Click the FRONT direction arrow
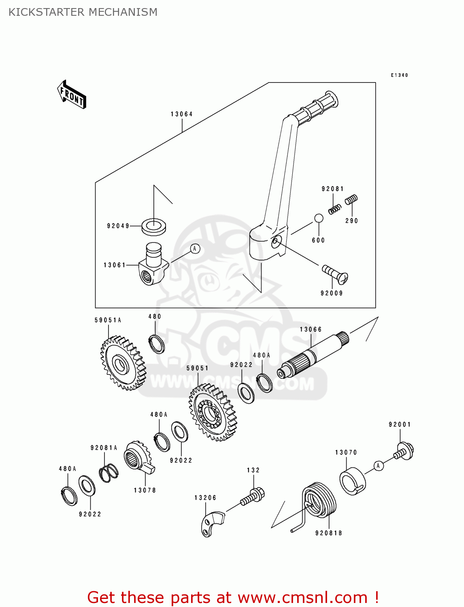click(72, 95)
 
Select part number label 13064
click(181, 114)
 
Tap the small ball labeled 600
click(319, 218)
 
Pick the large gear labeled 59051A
click(123, 363)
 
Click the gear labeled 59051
click(212, 413)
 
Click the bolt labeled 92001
click(404, 451)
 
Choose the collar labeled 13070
click(352, 481)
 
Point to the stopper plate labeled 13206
click(211, 524)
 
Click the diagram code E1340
click(399, 75)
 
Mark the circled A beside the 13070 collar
click(378, 466)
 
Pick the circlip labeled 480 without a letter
click(156, 344)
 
